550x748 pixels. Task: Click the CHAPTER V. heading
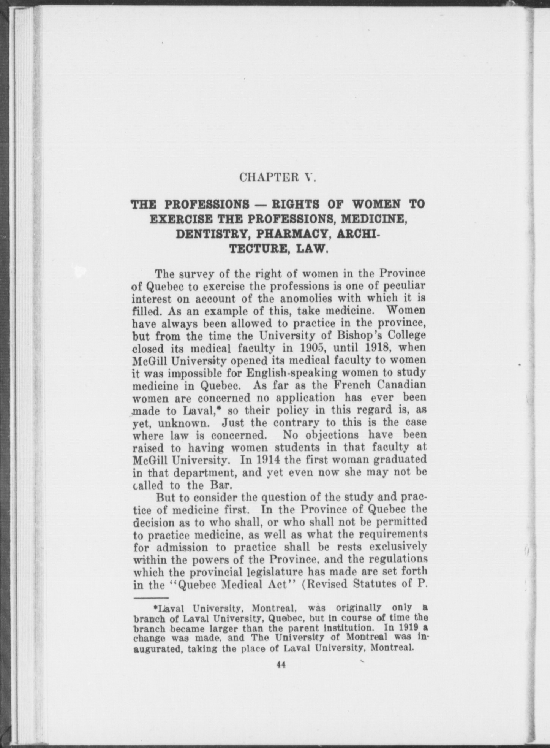coord(278,177)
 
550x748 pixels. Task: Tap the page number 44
coord(281,665)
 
